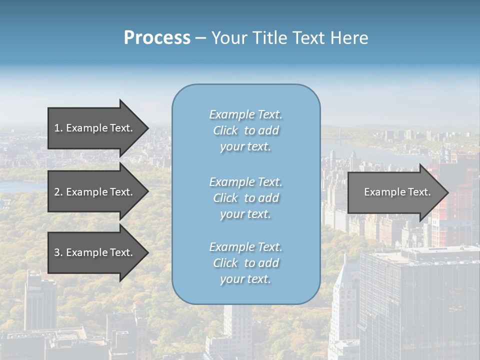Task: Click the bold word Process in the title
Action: [x=157, y=38]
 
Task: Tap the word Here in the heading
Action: [x=349, y=38]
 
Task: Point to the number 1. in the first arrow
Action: [x=58, y=128]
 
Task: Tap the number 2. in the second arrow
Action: [x=58, y=192]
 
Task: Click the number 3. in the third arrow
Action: [x=58, y=252]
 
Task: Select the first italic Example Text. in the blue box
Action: [x=245, y=114]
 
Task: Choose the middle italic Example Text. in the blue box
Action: [x=245, y=182]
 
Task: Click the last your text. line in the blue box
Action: [x=245, y=279]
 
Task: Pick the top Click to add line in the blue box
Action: [x=245, y=130]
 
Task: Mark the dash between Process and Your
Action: [x=200, y=38]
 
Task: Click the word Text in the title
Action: [x=308, y=38]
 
